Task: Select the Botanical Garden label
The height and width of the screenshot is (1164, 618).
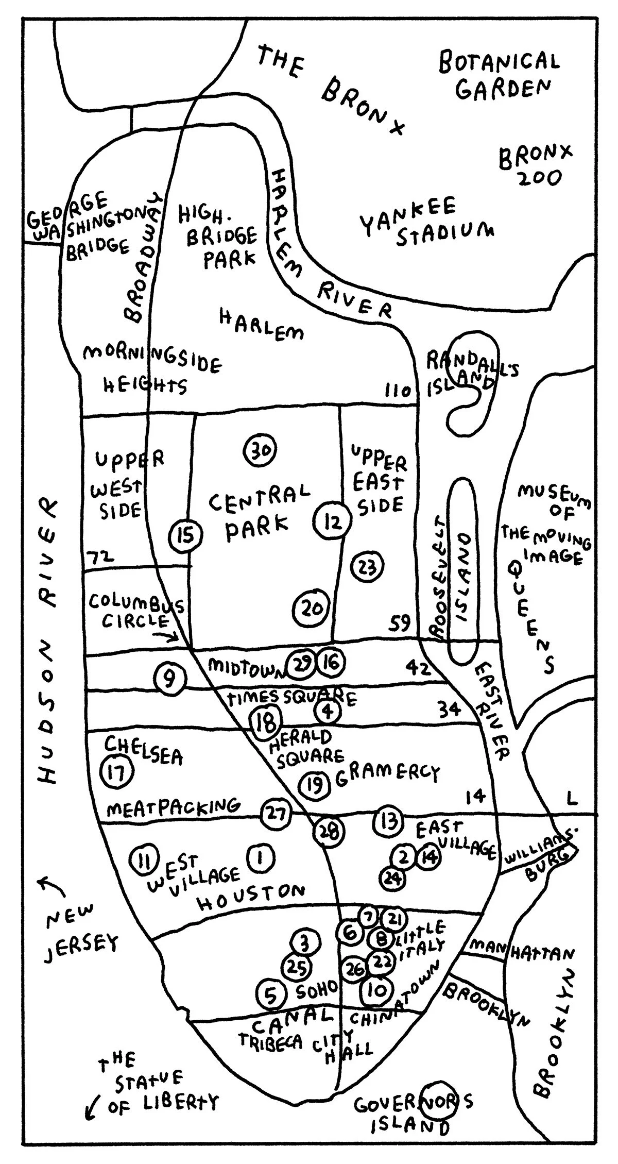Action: tap(499, 76)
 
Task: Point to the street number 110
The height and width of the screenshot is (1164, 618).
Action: tap(398, 391)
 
